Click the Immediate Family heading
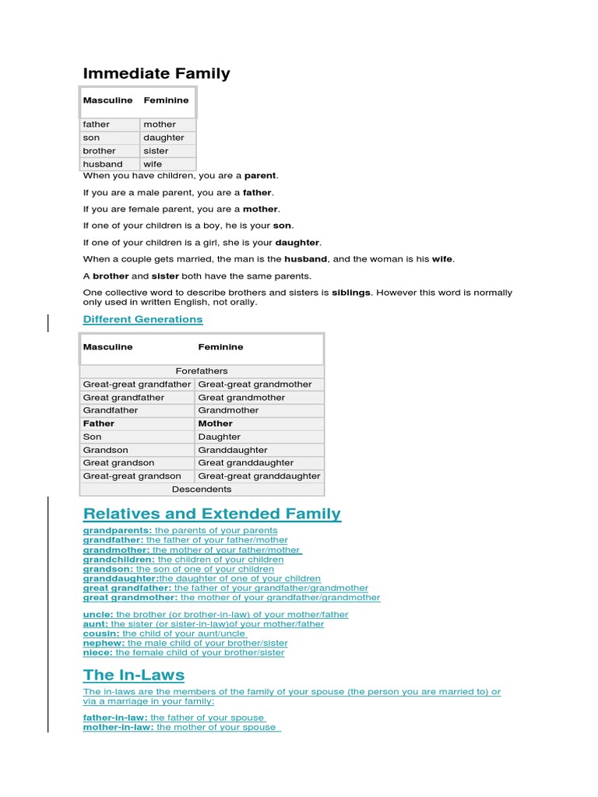157,74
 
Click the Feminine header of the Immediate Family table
166,100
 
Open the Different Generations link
142,319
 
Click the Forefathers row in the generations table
202,371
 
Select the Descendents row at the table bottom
202,490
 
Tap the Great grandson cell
119,463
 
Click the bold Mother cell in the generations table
216,423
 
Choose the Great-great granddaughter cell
259,476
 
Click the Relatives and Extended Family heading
212,514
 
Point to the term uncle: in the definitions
98,615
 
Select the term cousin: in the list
101,634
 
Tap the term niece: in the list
97,653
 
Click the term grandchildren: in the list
119,560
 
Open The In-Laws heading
134,674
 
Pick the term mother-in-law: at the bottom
118,727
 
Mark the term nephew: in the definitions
104,644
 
